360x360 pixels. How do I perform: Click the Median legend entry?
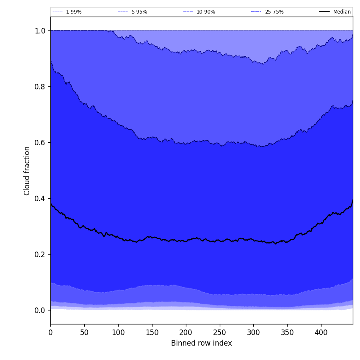pos(342,12)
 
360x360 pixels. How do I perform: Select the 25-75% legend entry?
pos(274,12)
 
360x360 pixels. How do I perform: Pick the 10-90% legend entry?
pos(205,12)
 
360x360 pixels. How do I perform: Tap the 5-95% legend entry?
pos(139,12)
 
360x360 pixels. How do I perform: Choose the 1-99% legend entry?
pos(74,12)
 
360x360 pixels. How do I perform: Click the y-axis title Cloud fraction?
pos(27,171)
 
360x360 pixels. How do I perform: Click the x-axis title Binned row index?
pos(202,343)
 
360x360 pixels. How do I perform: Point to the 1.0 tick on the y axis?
pos(40,31)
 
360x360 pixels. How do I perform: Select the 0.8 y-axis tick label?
pos(40,87)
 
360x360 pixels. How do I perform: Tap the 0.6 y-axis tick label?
pos(40,143)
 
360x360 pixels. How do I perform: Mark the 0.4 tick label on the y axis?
pos(40,199)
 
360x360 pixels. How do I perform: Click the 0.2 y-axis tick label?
pos(40,255)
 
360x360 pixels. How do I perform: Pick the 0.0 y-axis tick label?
pos(40,310)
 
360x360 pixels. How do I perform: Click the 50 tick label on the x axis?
pos(84,332)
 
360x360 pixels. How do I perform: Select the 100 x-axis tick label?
pos(118,332)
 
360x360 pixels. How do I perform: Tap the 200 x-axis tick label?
pos(186,332)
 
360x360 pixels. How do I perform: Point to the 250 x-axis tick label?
pos(219,332)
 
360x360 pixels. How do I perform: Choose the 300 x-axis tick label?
pos(253,332)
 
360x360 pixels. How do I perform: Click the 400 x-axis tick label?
pos(321,332)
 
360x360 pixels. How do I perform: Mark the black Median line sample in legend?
pos(324,12)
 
